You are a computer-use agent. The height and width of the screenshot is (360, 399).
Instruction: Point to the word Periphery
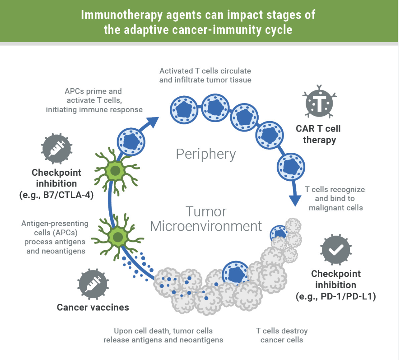tap(206, 154)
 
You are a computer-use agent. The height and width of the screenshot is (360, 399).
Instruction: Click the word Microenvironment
tap(206, 226)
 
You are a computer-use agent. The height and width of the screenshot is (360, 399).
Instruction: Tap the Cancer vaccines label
tap(93, 307)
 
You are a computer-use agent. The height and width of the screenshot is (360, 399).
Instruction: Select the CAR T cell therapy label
tap(318, 134)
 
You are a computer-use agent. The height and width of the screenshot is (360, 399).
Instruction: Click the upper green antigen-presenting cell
tap(114, 171)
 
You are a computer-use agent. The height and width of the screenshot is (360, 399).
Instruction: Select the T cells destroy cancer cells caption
tap(282, 335)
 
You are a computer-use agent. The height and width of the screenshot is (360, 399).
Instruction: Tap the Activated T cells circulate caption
tap(205, 75)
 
